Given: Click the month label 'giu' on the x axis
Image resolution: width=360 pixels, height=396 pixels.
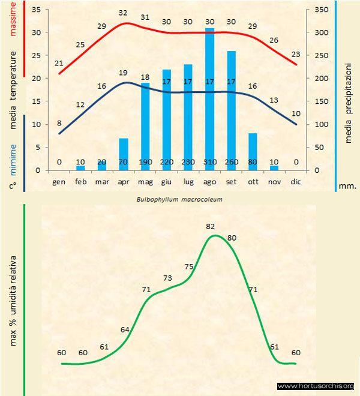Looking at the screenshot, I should pos(166,181).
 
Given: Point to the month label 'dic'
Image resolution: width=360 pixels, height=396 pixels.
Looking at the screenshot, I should pos(295,181).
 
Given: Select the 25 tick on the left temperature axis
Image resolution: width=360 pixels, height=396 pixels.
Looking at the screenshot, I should pos(35,56).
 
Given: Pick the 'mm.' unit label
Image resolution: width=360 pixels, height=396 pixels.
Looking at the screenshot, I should pos(347,186).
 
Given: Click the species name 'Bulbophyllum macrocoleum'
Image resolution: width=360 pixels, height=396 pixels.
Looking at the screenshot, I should pos(179,198).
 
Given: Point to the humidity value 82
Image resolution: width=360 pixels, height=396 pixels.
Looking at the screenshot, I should pos(210,226).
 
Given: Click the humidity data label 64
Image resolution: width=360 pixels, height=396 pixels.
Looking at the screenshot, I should pos(125,329).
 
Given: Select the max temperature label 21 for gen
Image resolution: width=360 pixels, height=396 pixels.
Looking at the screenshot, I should pos(59,63).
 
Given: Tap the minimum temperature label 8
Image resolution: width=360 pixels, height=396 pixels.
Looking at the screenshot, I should pos(59,124).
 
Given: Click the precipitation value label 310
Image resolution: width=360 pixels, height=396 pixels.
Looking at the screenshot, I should pos(210,162).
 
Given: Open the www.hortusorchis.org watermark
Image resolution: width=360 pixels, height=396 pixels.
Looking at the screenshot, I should pos(316,386).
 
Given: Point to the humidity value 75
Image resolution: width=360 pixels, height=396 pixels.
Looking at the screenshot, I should pos(189,266).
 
